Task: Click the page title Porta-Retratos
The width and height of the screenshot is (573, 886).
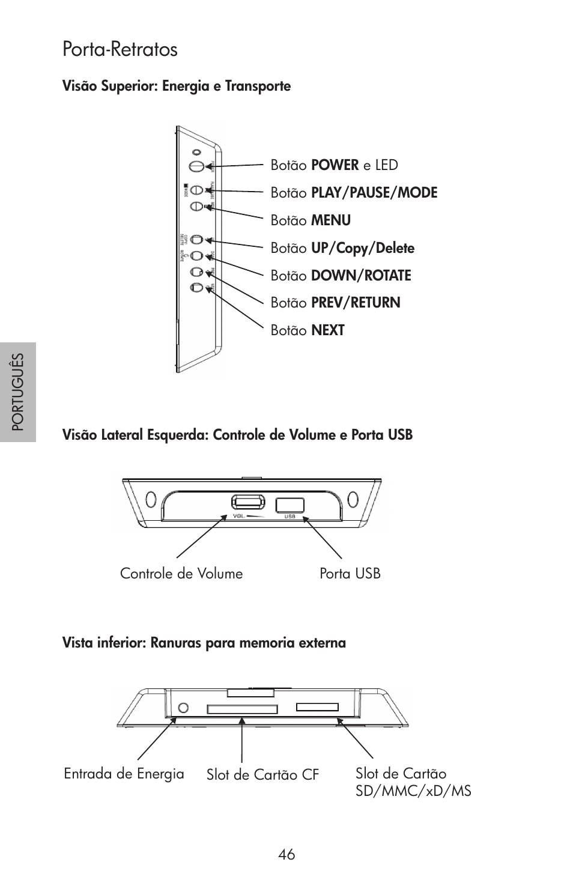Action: pyautogui.click(x=120, y=49)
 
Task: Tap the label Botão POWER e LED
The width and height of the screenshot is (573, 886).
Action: pyautogui.click(x=334, y=165)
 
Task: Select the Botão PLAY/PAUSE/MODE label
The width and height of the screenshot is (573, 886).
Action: pyautogui.click(x=354, y=193)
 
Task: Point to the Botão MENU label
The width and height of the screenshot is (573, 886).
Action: pyautogui.click(x=311, y=220)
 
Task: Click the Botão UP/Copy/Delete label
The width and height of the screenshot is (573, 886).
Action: pyautogui.click(x=342, y=248)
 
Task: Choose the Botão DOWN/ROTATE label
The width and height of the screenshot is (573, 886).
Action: pyautogui.click(x=341, y=276)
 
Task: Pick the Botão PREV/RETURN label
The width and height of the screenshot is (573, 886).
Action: pyautogui.click(x=335, y=303)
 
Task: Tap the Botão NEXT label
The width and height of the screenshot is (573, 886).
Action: pyautogui.click(x=307, y=330)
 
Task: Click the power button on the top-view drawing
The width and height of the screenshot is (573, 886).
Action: pyautogui.click(x=195, y=165)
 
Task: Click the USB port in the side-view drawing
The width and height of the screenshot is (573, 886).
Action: pyautogui.click(x=290, y=505)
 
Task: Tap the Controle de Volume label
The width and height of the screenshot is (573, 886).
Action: pyautogui.click(x=181, y=574)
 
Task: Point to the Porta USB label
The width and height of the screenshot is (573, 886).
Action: pyautogui.click(x=350, y=574)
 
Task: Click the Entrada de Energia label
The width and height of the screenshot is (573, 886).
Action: pyautogui.click(x=124, y=774)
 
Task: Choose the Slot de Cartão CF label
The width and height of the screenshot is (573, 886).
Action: pyautogui.click(x=262, y=775)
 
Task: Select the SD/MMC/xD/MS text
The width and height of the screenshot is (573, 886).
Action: pyautogui.click(x=413, y=791)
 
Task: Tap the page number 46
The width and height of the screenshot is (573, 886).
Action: pyautogui.click(x=286, y=854)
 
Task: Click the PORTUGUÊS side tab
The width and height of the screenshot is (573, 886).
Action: pyautogui.click(x=18, y=392)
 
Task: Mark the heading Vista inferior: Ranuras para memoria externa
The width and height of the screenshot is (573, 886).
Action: pyautogui.click(x=204, y=643)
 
